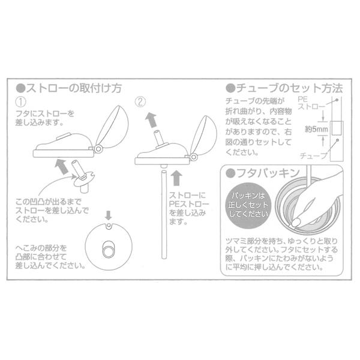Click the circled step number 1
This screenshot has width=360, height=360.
[22, 101]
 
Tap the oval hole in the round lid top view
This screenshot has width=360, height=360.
[109, 248]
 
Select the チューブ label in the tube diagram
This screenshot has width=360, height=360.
[316, 155]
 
